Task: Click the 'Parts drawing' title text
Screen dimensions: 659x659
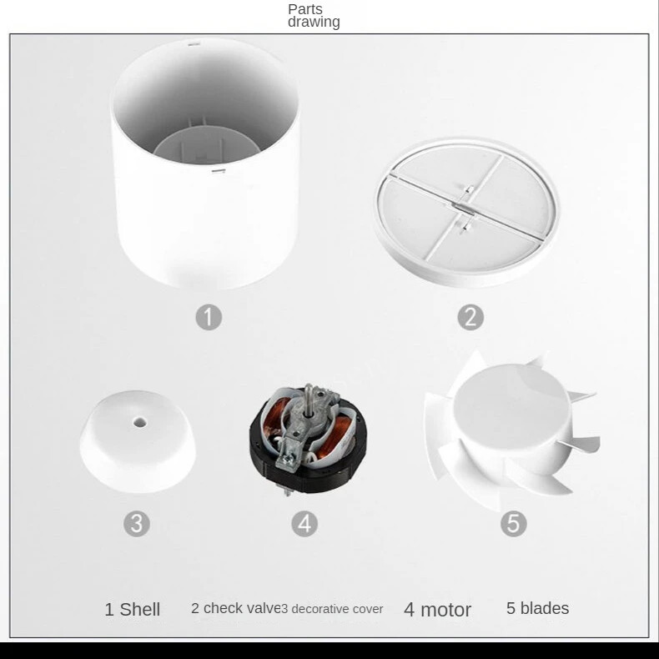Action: pyautogui.click(x=314, y=16)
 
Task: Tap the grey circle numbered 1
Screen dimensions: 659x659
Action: pyautogui.click(x=209, y=317)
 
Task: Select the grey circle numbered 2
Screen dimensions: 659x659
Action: pyautogui.click(x=470, y=317)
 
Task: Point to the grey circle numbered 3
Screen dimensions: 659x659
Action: pyautogui.click(x=137, y=524)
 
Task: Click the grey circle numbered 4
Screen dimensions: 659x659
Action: pyautogui.click(x=304, y=524)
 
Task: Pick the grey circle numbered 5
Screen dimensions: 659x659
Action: pyautogui.click(x=514, y=524)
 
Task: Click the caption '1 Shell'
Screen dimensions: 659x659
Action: pyautogui.click(x=133, y=610)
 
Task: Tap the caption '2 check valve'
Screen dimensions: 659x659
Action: pyautogui.click(x=236, y=608)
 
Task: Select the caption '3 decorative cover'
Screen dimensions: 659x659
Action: pyautogui.click(x=332, y=609)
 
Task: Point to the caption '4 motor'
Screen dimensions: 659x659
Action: pyautogui.click(x=437, y=610)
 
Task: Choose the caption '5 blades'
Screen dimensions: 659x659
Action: pyautogui.click(x=537, y=608)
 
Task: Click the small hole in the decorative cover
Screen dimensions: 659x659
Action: pyautogui.click(x=140, y=422)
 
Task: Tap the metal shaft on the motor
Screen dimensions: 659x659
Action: pyautogui.click(x=309, y=397)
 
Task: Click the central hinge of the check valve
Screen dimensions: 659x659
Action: pyautogui.click(x=463, y=207)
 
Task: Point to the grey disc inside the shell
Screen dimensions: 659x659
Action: pyautogui.click(x=202, y=145)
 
